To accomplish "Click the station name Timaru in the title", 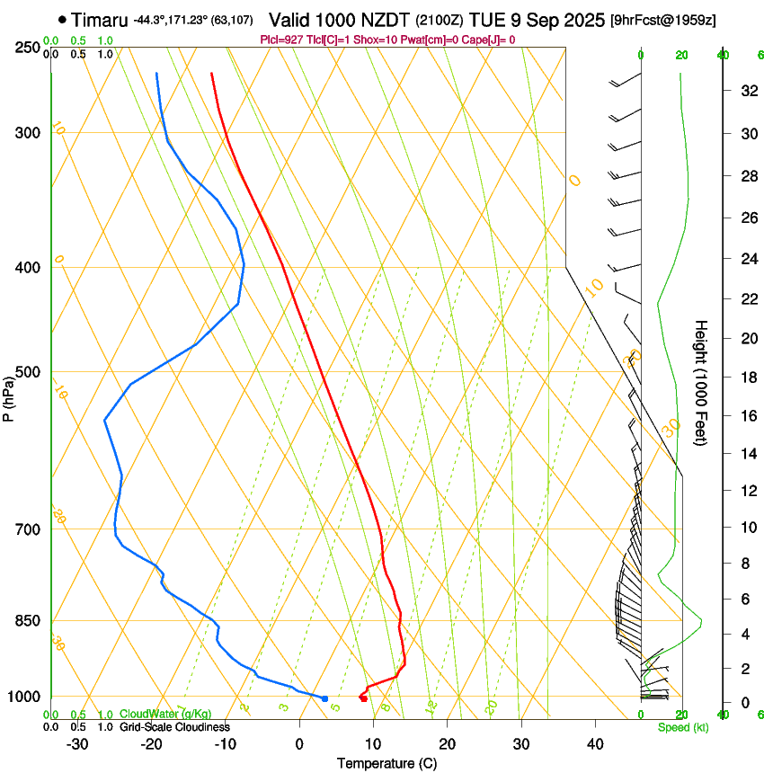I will (99, 20).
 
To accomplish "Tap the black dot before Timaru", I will (61, 19).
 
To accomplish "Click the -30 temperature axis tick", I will (77, 743).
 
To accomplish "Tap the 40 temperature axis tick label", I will (595, 743).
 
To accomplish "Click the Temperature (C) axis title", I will (386, 763).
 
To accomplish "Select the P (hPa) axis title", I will (9, 396).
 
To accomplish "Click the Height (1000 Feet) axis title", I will (702, 383).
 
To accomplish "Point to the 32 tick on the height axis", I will (747, 91).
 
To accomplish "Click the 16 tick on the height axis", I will (747, 415).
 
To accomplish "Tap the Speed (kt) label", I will (682, 727).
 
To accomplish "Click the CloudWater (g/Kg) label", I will (165, 714).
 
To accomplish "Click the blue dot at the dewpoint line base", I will (324, 698).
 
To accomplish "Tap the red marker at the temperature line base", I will (363, 698).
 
